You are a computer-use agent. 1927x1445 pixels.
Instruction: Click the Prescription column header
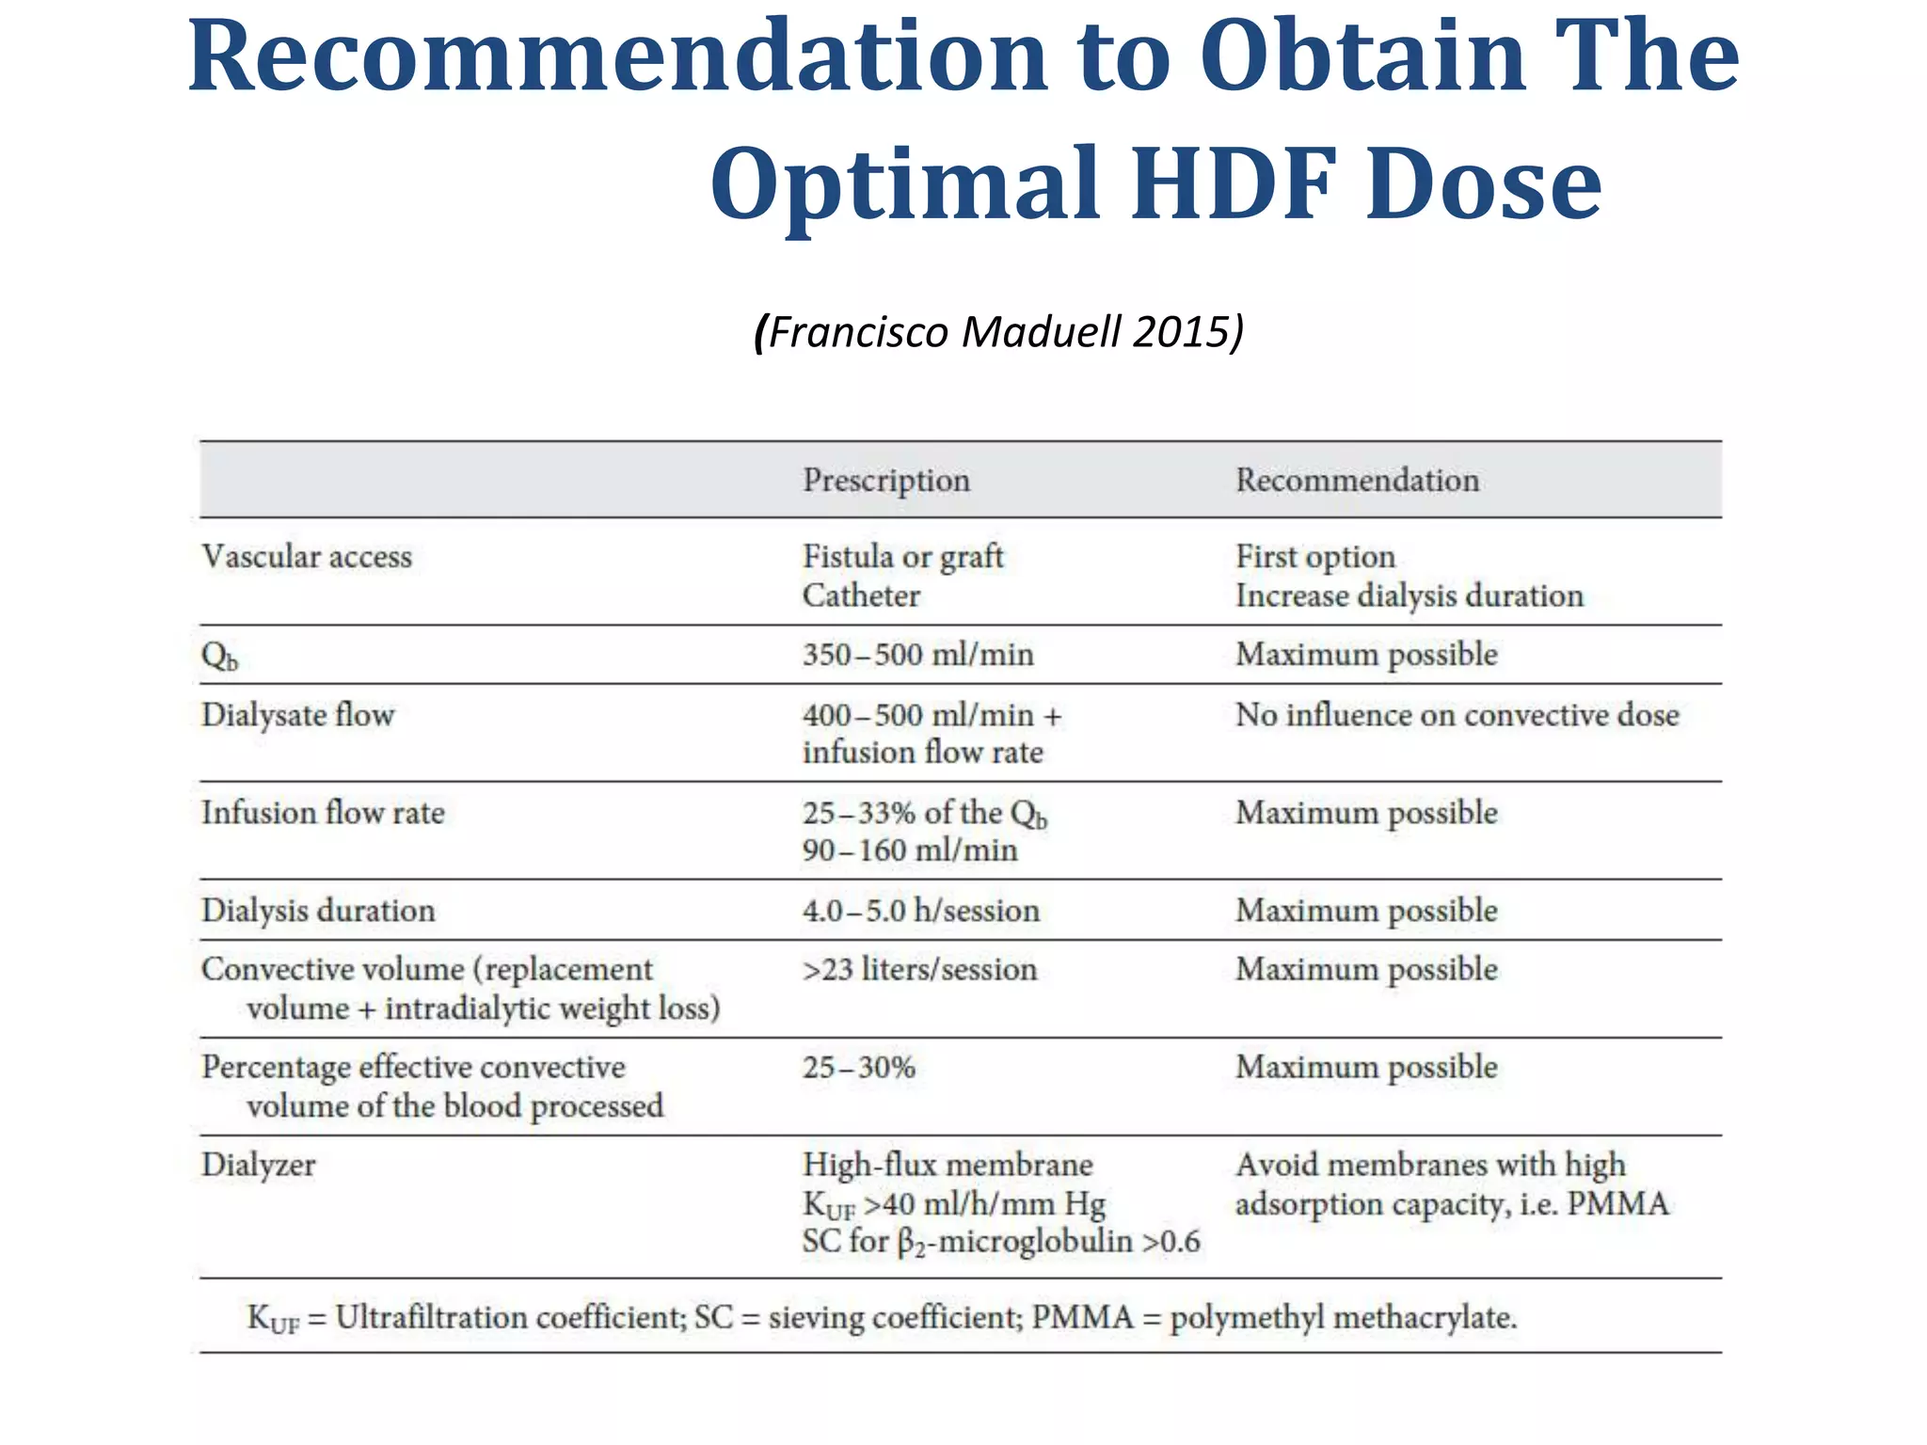[x=885, y=480]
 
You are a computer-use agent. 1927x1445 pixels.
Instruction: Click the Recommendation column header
[x=1357, y=480]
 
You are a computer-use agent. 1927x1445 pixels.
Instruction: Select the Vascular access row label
[x=307, y=556]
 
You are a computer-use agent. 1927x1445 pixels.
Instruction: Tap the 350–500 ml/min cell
[x=917, y=654]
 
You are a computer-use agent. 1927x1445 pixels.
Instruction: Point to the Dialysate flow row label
[x=297, y=715]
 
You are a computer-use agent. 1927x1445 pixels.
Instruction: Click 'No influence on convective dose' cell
[x=1457, y=715]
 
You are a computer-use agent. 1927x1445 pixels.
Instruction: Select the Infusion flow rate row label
[x=323, y=813]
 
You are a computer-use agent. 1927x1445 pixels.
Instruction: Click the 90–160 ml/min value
[x=910, y=850]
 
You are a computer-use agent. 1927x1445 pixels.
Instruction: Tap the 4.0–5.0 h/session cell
[x=920, y=911]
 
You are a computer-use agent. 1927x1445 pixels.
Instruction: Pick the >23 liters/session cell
[x=919, y=969]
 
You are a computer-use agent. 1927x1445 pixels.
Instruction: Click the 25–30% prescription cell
[x=858, y=1067]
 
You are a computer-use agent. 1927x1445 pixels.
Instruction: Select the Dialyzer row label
[x=258, y=1165]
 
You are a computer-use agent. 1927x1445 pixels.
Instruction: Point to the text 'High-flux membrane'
[x=948, y=1165]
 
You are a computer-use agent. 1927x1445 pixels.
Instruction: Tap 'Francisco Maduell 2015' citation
[x=999, y=331]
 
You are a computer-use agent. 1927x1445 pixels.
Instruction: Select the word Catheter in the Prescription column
[x=861, y=595]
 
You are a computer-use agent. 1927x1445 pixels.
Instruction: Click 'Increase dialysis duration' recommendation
[x=1409, y=595]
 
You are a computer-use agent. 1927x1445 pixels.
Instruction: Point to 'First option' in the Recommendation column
[x=1314, y=556]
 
